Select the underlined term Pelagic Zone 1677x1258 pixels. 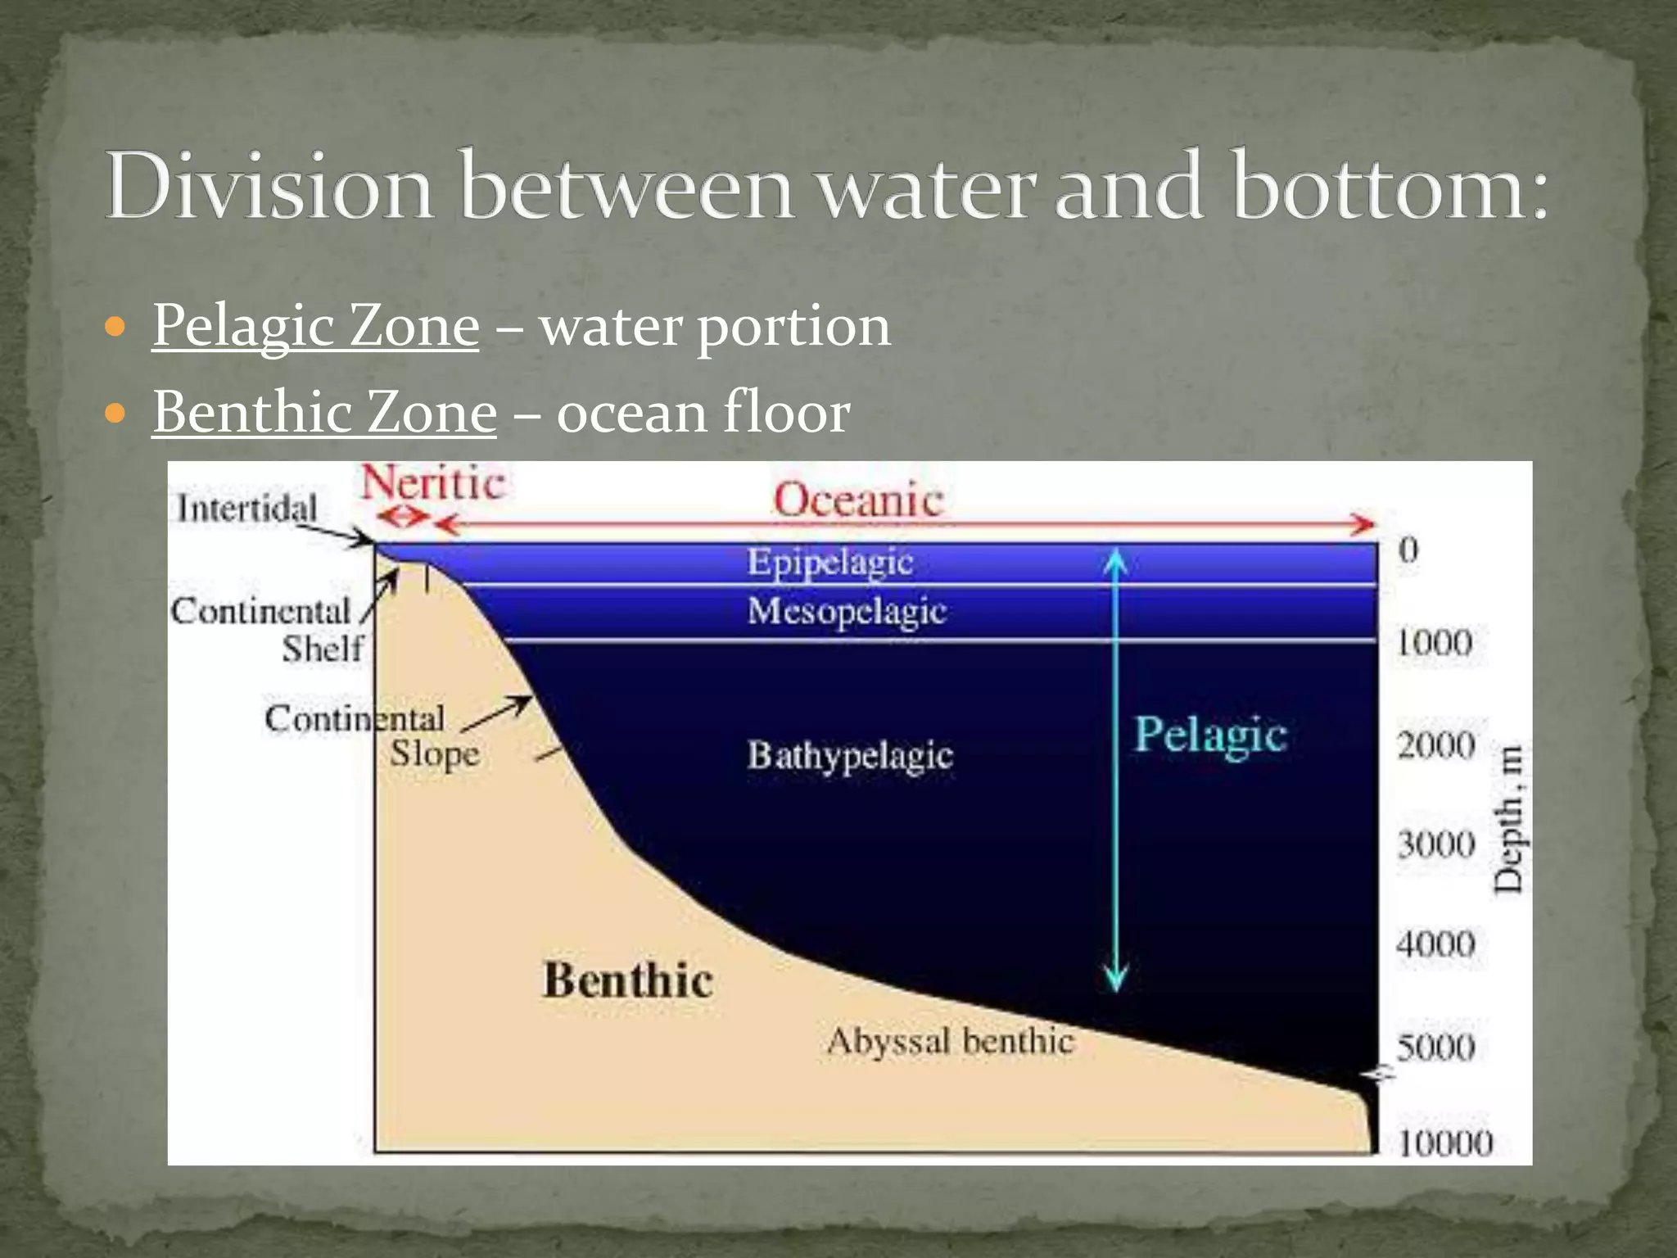coord(315,326)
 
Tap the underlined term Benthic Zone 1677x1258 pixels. coord(324,412)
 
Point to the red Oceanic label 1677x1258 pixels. coord(858,500)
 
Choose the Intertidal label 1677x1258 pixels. coord(246,509)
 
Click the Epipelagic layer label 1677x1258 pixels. coord(829,563)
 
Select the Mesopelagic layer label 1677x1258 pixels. coord(847,611)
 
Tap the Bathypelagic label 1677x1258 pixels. coord(850,755)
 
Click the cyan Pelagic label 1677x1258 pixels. coord(1210,735)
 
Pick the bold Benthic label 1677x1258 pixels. coord(628,980)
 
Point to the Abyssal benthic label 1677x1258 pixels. coord(950,1041)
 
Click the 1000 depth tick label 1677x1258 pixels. coord(1434,643)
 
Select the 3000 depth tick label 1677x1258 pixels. coord(1435,844)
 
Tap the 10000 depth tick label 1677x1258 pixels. coord(1445,1143)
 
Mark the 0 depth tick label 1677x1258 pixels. coord(1408,550)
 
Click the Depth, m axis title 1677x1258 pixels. coord(1507,819)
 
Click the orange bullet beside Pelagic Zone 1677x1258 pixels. coord(116,328)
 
